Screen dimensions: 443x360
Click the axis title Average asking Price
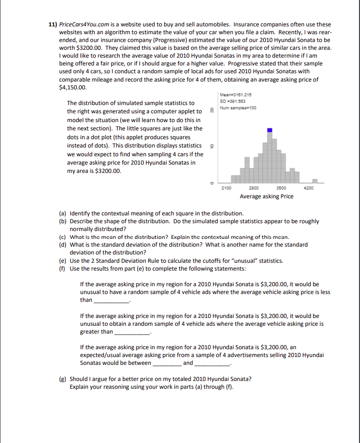coord(266,196)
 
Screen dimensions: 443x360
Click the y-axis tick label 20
coord(211,110)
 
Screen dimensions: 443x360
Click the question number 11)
coord(53,24)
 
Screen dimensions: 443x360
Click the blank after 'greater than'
coord(132,332)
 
